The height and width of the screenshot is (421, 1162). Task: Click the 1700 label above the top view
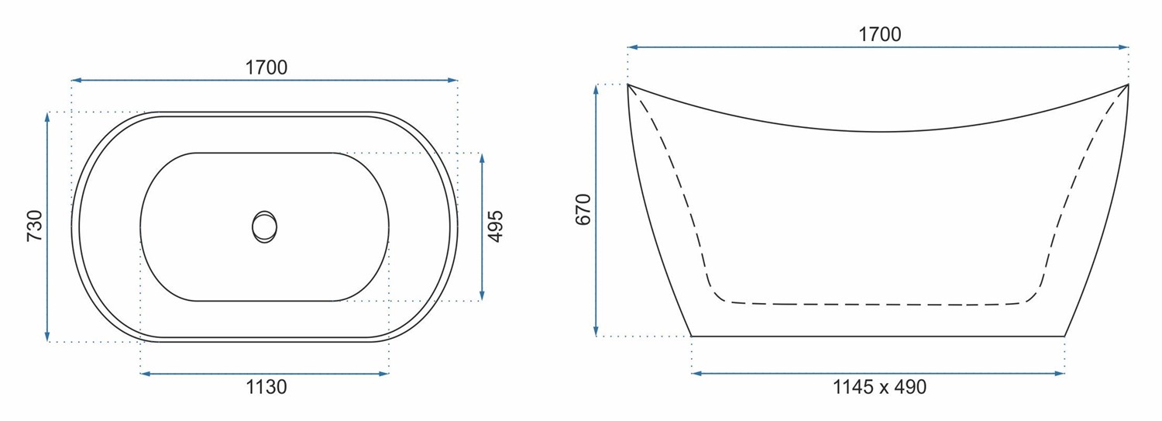point(266,67)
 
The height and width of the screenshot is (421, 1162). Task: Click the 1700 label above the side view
point(880,34)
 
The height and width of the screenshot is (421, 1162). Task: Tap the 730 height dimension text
point(34,226)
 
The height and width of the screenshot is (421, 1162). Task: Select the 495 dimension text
point(496,226)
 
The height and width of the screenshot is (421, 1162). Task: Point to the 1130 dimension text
point(266,387)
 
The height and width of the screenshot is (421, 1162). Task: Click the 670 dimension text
point(583,209)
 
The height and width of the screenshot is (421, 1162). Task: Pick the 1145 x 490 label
point(880,387)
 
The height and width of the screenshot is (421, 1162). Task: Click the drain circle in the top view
point(265,227)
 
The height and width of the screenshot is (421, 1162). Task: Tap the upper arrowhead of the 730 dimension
point(47,117)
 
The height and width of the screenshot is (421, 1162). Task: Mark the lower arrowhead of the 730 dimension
point(47,336)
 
